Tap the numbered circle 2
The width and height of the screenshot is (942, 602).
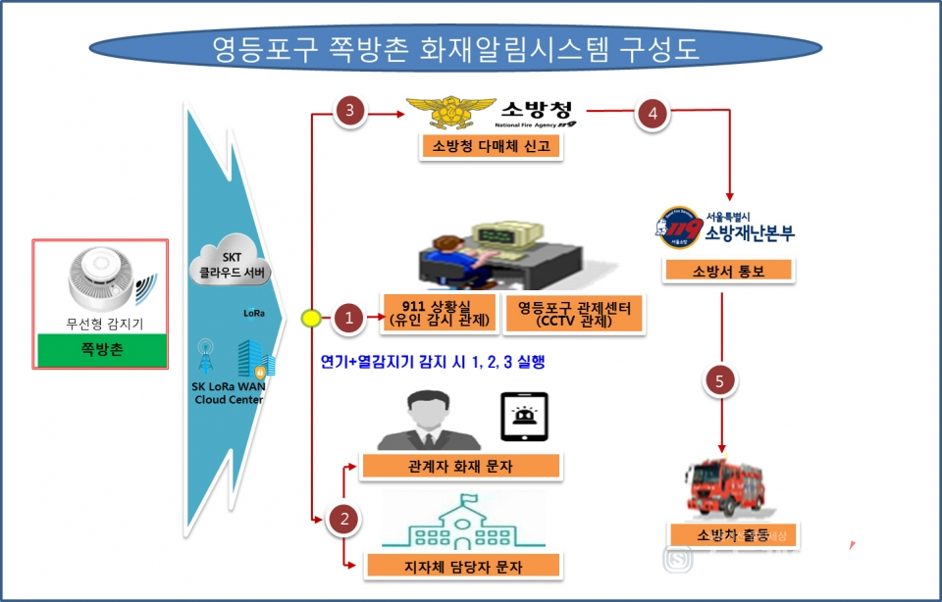tap(342, 519)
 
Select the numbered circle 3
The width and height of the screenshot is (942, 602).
tap(349, 111)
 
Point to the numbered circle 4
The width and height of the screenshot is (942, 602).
tap(652, 113)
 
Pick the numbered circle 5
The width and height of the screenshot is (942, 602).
tap(720, 383)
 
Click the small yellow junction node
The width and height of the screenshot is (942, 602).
tap(310, 317)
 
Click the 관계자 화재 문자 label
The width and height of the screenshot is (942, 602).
tap(460, 467)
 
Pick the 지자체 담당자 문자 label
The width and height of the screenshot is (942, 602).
tap(461, 565)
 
